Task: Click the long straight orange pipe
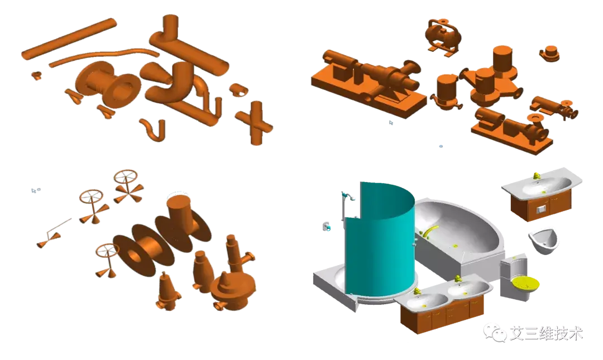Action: tap(69, 39)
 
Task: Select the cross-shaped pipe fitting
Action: tap(255, 123)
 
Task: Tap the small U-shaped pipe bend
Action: tap(154, 129)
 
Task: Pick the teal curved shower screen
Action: tap(380, 238)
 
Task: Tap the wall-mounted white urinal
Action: tap(543, 241)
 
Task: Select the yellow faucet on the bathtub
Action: tap(430, 232)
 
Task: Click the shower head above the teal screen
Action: tap(350, 197)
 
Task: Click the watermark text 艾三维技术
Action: tap(547, 333)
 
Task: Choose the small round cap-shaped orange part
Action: tap(549, 54)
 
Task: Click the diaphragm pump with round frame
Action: tap(443, 36)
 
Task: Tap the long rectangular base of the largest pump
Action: tap(368, 94)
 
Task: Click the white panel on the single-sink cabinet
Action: tap(541, 210)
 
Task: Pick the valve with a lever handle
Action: tap(54, 233)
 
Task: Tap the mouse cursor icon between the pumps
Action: tap(391, 123)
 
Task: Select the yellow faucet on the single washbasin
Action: tap(537, 176)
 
